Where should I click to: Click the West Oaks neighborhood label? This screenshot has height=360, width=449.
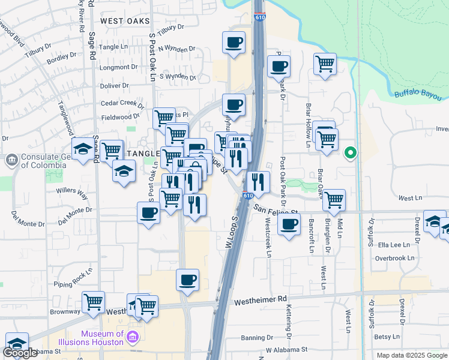pyautogui.click(x=125, y=21)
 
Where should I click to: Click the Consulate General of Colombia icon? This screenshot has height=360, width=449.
pyautogui.click(x=11, y=160)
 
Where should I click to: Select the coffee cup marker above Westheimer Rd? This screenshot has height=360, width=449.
pyautogui.click(x=187, y=279)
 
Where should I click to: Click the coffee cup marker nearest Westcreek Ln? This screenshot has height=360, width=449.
pyautogui.click(x=289, y=225)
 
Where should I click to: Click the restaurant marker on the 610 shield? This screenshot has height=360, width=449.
pyautogui.click(x=258, y=181)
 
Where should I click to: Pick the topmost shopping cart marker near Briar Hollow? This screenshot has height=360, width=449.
pyautogui.click(x=325, y=62)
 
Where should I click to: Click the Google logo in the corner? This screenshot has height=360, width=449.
pyautogui.click(x=20, y=353)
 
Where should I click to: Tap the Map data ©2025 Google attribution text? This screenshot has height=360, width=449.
pyautogui.click(x=411, y=355)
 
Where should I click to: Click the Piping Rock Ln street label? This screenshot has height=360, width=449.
pyautogui.click(x=73, y=277)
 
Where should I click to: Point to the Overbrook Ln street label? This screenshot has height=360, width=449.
pyautogui.click(x=394, y=258)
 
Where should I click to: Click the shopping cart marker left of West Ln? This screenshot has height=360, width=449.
pyautogui.click(x=334, y=199)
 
